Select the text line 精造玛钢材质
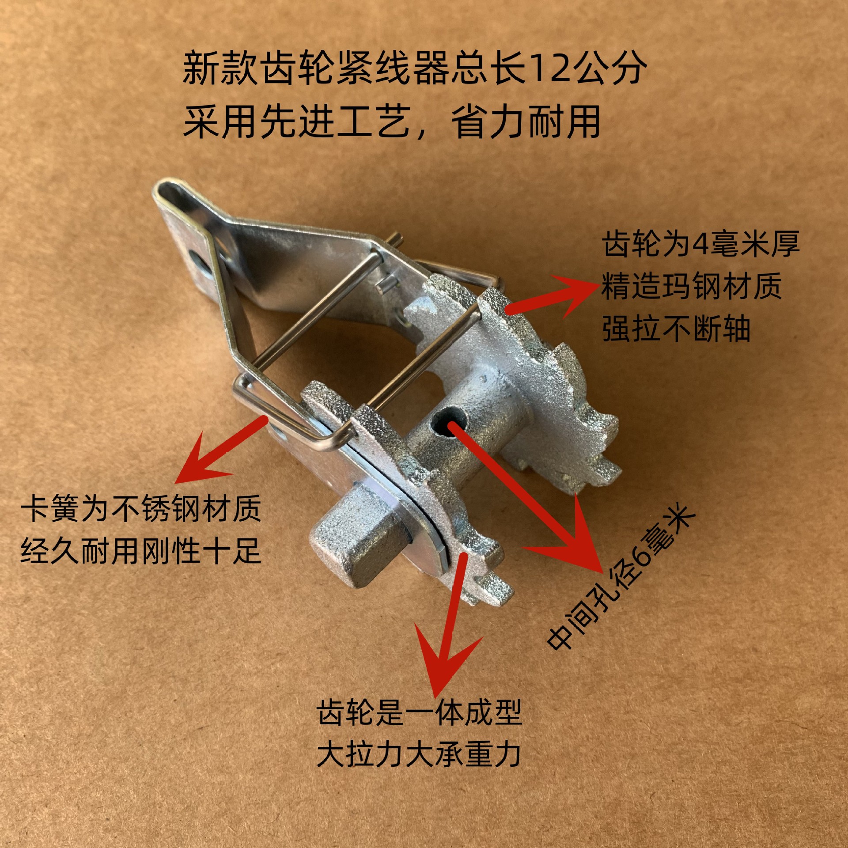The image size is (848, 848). point(691,286)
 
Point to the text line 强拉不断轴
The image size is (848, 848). point(676,329)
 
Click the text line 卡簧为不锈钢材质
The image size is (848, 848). point(141,509)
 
